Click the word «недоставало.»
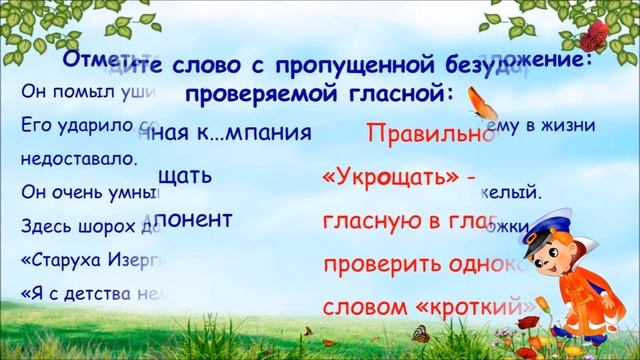(x=69, y=160)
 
